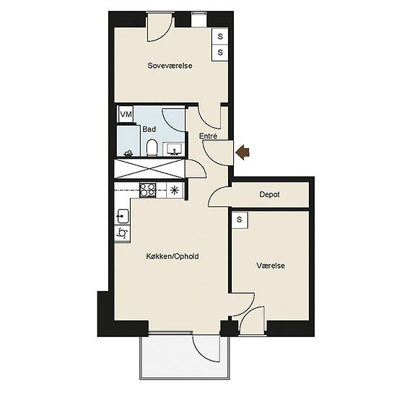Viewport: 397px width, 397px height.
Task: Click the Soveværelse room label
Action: pos(170,66)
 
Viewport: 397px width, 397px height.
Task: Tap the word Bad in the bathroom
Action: pos(149,129)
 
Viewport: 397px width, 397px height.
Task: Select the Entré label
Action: pos(208,136)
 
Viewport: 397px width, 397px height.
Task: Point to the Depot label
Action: pos(269,194)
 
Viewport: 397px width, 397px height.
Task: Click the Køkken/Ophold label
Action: pos(173,256)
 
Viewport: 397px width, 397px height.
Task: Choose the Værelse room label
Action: pos(271,266)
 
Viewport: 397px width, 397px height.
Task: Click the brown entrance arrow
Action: pos(243,152)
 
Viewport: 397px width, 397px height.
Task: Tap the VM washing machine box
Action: pos(126,115)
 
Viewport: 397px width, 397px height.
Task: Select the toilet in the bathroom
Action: pos(152,147)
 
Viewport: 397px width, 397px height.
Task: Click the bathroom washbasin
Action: pos(174,149)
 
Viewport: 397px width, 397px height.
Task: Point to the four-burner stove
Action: pos(147,190)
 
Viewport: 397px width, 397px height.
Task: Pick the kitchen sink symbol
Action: pos(122,217)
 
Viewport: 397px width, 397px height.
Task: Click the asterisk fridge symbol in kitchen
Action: pos(175,190)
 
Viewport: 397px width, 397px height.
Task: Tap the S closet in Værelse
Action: pos(240,219)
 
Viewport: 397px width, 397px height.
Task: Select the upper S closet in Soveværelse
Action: pos(220,37)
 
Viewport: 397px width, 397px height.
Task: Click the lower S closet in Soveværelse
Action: pos(220,53)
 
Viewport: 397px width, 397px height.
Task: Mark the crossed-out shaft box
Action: pos(150,169)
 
